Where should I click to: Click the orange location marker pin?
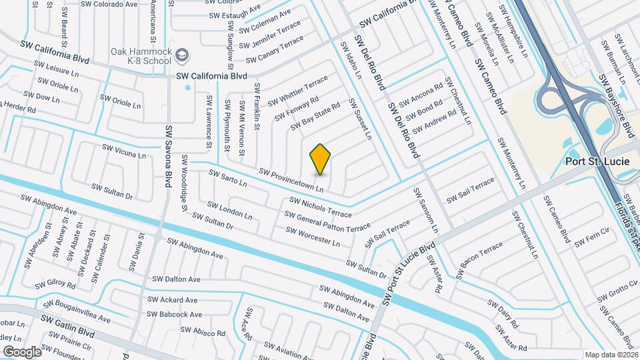(321, 159)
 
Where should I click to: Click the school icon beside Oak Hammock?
(183, 55)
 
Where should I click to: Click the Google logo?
(22, 351)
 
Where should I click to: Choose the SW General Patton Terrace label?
(327, 222)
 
